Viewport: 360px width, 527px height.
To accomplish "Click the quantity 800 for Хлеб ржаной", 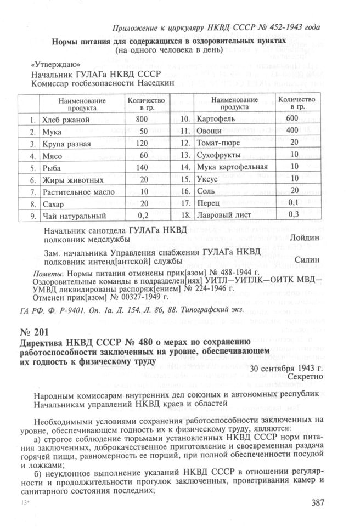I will click(142, 119).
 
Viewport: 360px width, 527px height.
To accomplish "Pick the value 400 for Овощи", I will click(292, 131).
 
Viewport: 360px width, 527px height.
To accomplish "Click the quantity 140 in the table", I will click(142, 167).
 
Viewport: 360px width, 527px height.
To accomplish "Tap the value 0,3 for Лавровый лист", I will click(294, 214).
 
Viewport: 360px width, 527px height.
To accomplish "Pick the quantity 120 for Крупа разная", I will click(142, 143).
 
